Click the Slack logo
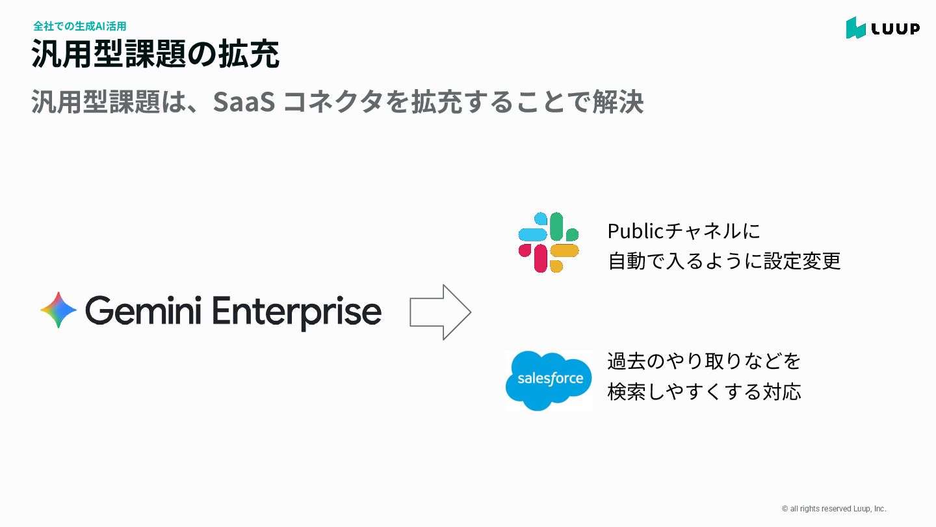pos(549,242)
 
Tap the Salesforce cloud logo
pos(549,381)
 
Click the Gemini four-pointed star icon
pos(58,310)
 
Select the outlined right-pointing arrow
pos(440,312)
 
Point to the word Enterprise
pos(296,312)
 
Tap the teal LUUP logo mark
pos(855,28)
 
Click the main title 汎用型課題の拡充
pos(155,55)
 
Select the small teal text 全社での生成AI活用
pos(79,27)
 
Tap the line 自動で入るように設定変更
pos(724,261)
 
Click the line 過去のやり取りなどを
pos(704,360)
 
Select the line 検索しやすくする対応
pos(704,392)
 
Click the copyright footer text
pos(834,509)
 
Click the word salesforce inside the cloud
pos(550,379)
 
